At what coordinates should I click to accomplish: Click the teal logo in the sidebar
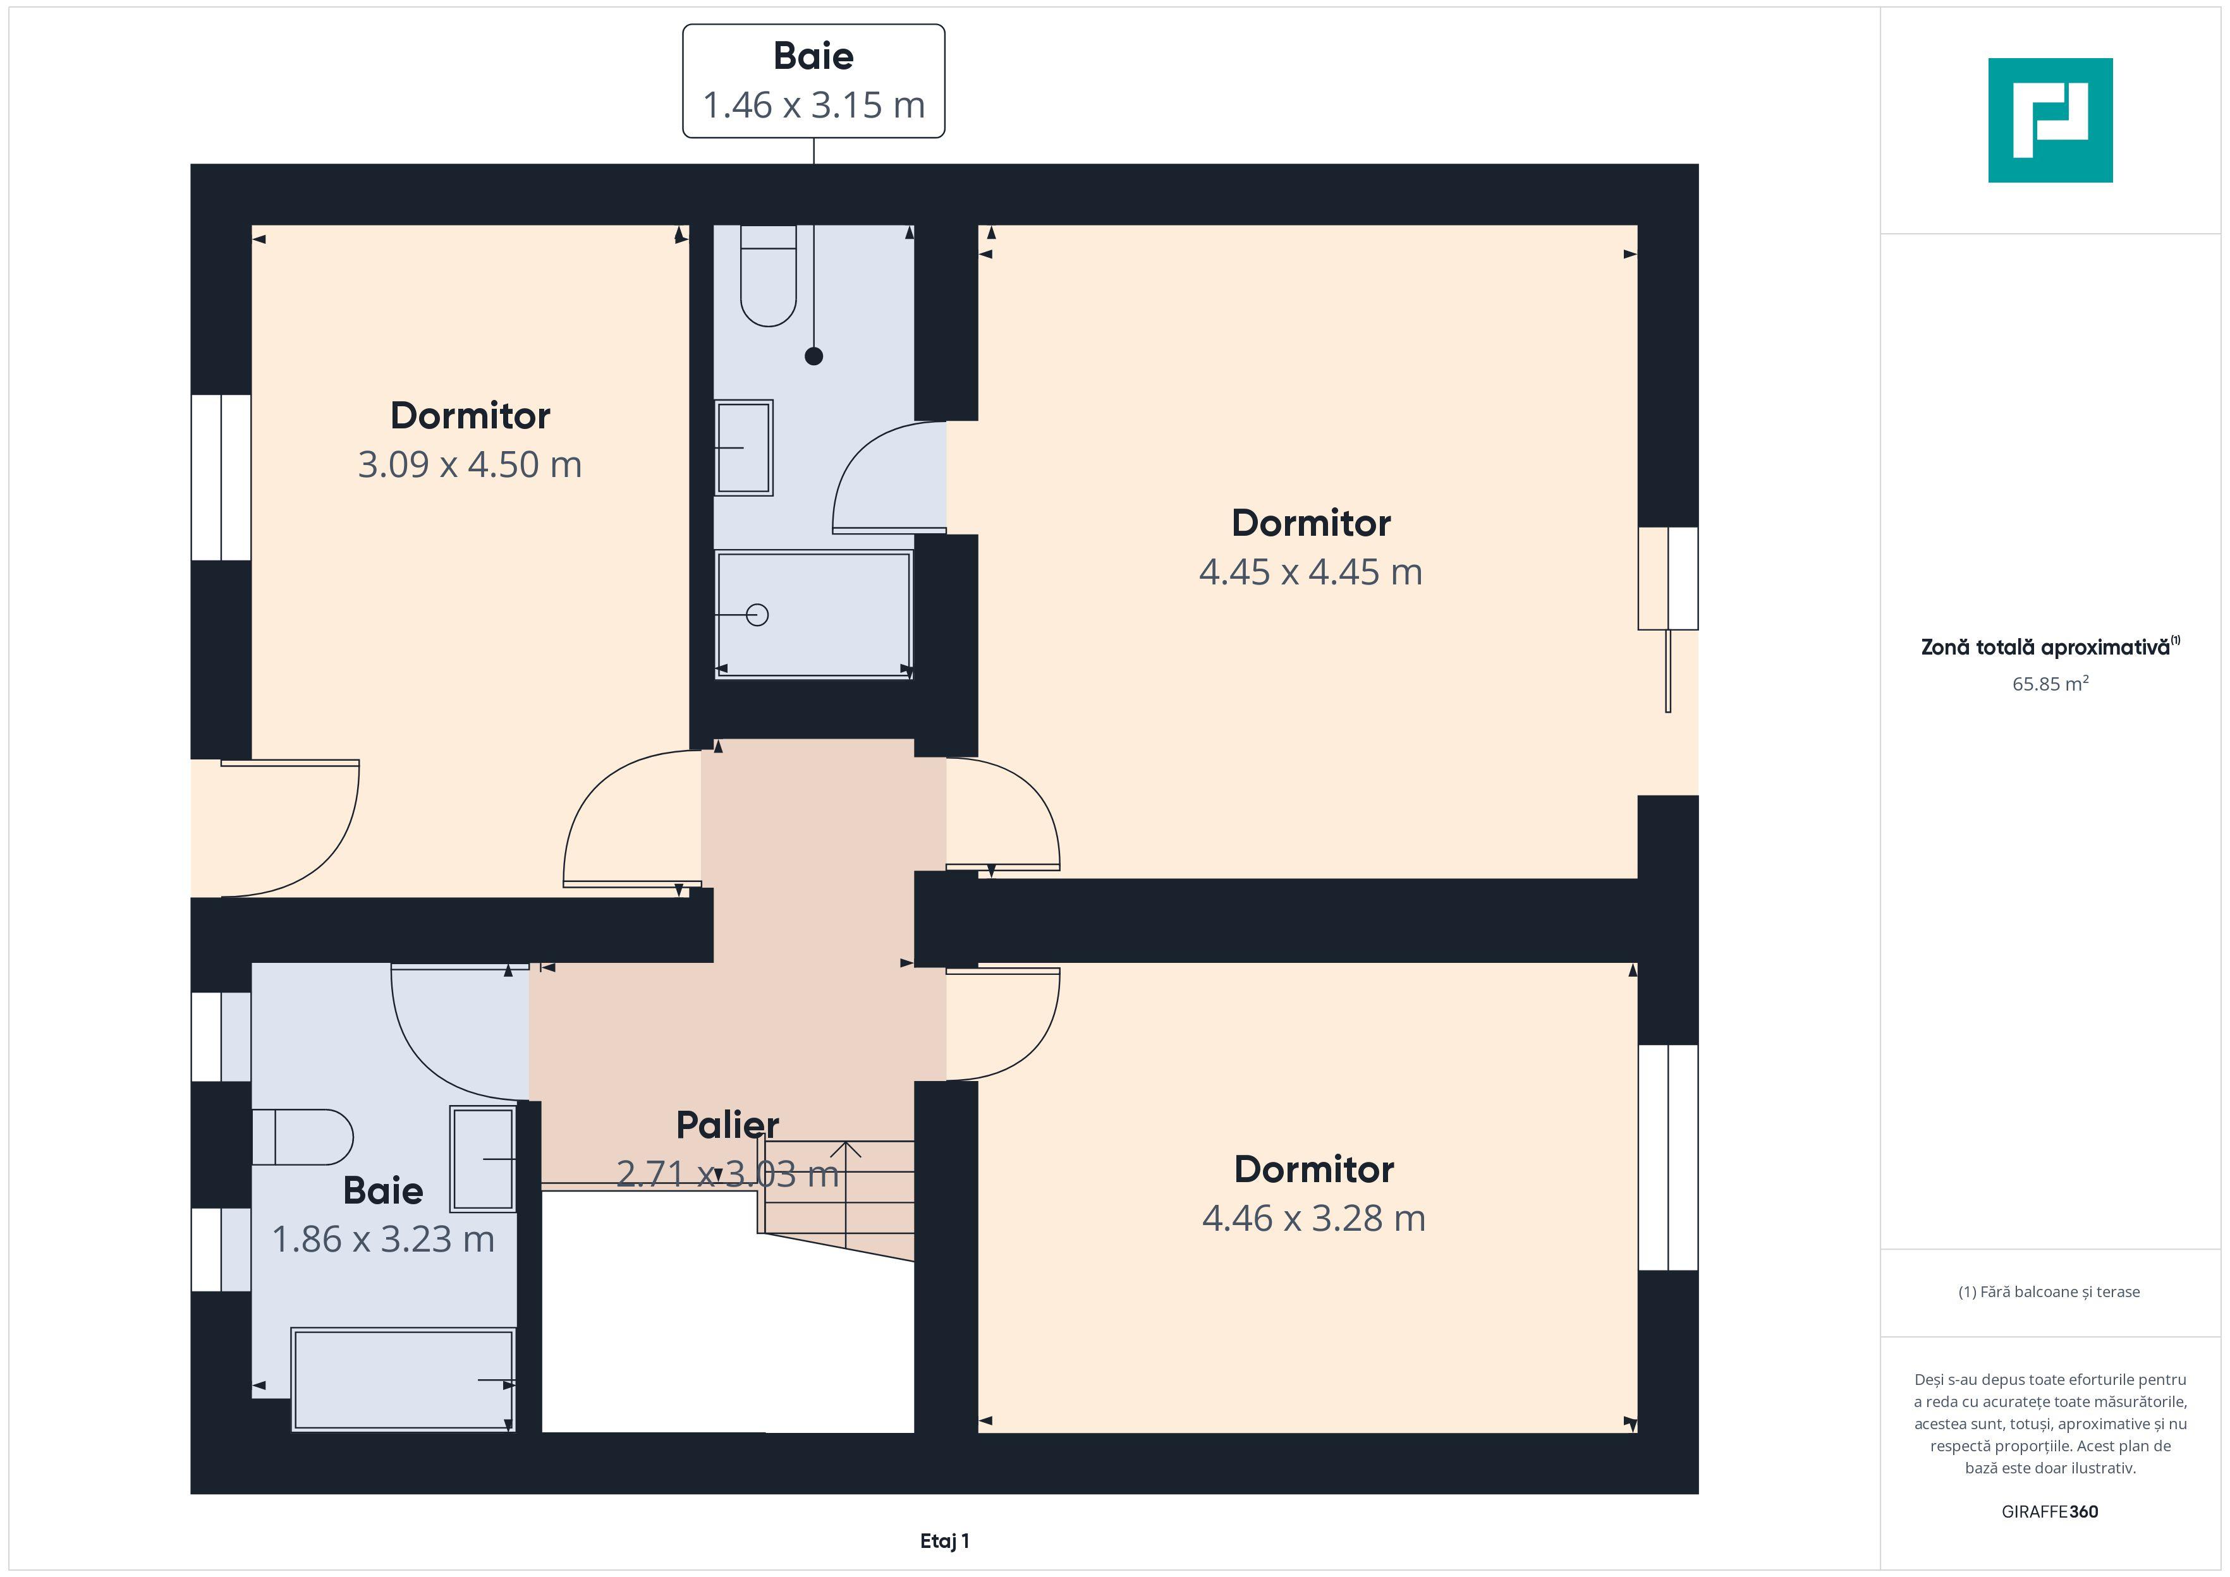click(x=2050, y=121)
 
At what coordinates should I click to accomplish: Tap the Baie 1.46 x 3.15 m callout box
click(x=814, y=81)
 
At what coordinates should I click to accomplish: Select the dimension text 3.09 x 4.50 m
click(x=470, y=465)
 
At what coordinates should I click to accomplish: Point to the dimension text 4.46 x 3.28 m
click(x=1314, y=1219)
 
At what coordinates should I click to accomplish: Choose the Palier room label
click(x=728, y=1125)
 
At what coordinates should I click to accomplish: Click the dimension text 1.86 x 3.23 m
click(x=384, y=1239)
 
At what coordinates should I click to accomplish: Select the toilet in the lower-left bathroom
click(x=302, y=1137)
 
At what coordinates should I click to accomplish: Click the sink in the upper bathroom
click(x=744, y=448)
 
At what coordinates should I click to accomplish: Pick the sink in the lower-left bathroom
click(x=483, y=1159)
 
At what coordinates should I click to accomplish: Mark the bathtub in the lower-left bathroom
click(x=403, y=1380)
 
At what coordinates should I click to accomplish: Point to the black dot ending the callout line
click(x=814, y=356)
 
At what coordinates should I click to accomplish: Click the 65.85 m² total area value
click(x=2050, y=684)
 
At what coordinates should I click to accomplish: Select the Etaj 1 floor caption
click(x=945, y=1541)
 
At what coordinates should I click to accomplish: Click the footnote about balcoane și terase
click(x=2049, y=1291)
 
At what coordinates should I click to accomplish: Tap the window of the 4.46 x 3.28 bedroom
click(x=1669, y=1157)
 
